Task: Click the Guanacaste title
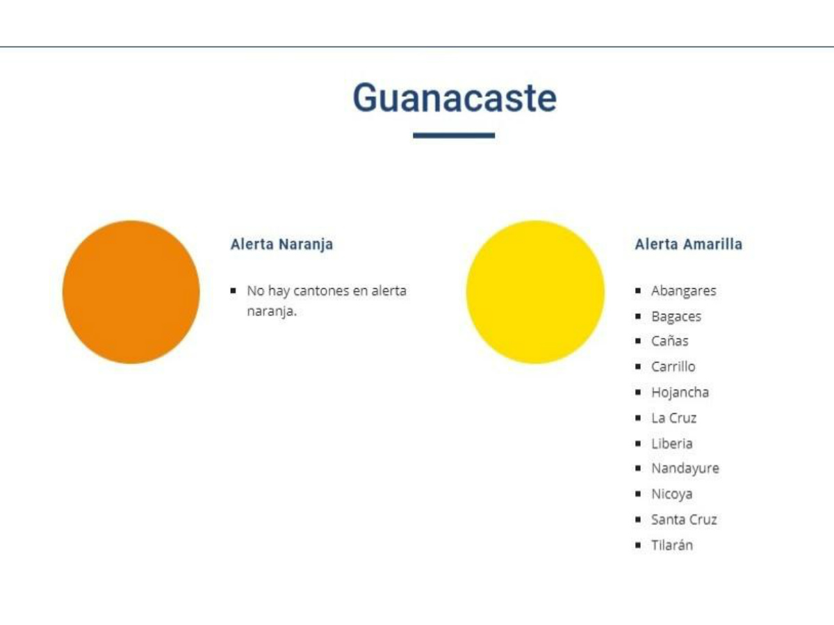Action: [455, 98]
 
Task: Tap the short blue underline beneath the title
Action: [454, 135]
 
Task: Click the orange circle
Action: [131, 292]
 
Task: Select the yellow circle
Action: [535, 292]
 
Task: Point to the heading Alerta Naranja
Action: [281, 244]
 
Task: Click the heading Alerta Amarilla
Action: [689, 244]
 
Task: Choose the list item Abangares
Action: [684, 291]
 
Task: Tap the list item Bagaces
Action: [676, 317]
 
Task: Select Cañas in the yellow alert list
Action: [669, 341]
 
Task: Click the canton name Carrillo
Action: [673, 367]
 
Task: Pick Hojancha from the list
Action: [680, 392]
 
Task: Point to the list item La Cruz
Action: [673, 418]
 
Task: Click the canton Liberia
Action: [672, 444]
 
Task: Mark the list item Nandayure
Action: [685, 469]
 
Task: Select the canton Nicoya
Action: [672, 494]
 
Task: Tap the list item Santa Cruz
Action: [684, 519]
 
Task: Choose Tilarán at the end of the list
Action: [672, 545]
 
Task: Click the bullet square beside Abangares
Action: [638, 291]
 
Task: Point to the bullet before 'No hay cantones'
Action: [234, 291]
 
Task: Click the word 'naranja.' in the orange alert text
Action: [272, 312]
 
